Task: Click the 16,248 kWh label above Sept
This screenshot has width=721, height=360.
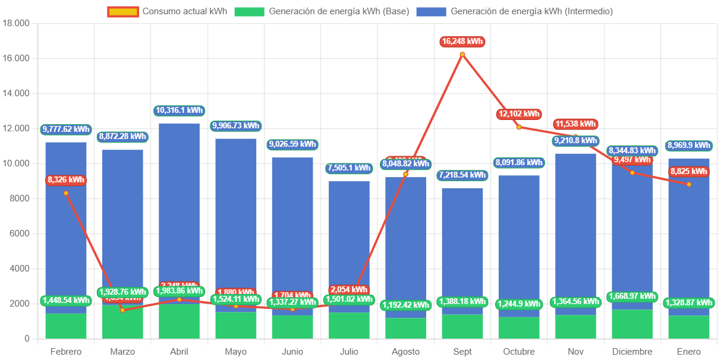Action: pyautogui.click(x=462, y=42)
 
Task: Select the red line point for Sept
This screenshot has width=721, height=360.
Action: pyautogui.click(x=462, y=55)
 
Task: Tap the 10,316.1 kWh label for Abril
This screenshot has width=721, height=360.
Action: pyautogui.click(x=179, y=110)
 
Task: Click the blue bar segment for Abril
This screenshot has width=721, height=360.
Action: pyautogui.click(x=179, y=202)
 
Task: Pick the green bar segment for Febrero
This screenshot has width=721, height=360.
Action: pyautogui.click(x=65, y=326)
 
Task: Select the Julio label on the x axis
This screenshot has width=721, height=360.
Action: pyautogui.click(x=349, y=352)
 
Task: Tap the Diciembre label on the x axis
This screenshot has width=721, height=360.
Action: pyautogui.click(x=632, y=352)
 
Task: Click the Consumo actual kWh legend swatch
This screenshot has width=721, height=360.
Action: pyautogui.click(x=123, y=11)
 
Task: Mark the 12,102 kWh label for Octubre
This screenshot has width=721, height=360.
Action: pyautogui.click(x=518, y=113)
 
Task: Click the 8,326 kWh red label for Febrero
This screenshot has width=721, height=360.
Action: pyautogui.click(x=65, y=180)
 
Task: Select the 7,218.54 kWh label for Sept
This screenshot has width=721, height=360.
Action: pyautogui.click(x=462, y=175)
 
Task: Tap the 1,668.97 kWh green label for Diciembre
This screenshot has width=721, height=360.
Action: pyautogui.click(x=632, y=296)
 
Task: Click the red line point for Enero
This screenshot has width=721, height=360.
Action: pyautogui.click(x=688, y=184)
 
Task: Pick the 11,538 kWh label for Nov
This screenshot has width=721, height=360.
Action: pyautogui.click(x=575, y=124)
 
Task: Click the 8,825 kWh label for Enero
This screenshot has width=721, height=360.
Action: pyautogui.click(x=688, y=172)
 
